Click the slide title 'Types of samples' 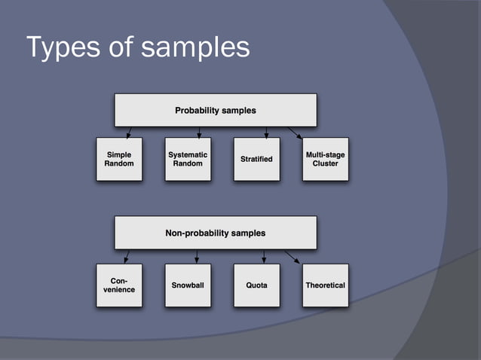click(138, 47)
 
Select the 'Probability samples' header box click(215, 110)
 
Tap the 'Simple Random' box click(119, 159)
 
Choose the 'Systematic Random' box click(188, 159)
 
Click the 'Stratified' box click(256, 159)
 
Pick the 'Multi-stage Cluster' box click(325, 159)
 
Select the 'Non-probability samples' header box click(215, 233)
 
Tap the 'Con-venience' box click(119, 285)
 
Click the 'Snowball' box click(188, 285)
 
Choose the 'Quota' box click(256, 285)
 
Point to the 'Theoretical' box click(325, 285)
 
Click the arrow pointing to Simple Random click(128, 133)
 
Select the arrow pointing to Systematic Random click(198, 133)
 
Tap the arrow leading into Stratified click(266, 133)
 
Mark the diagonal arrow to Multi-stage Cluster click(295, 133)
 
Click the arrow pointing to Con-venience click(127, 257)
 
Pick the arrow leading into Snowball click(197, 257)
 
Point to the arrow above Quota click(264, 257)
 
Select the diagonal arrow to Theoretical click(293, 257)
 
